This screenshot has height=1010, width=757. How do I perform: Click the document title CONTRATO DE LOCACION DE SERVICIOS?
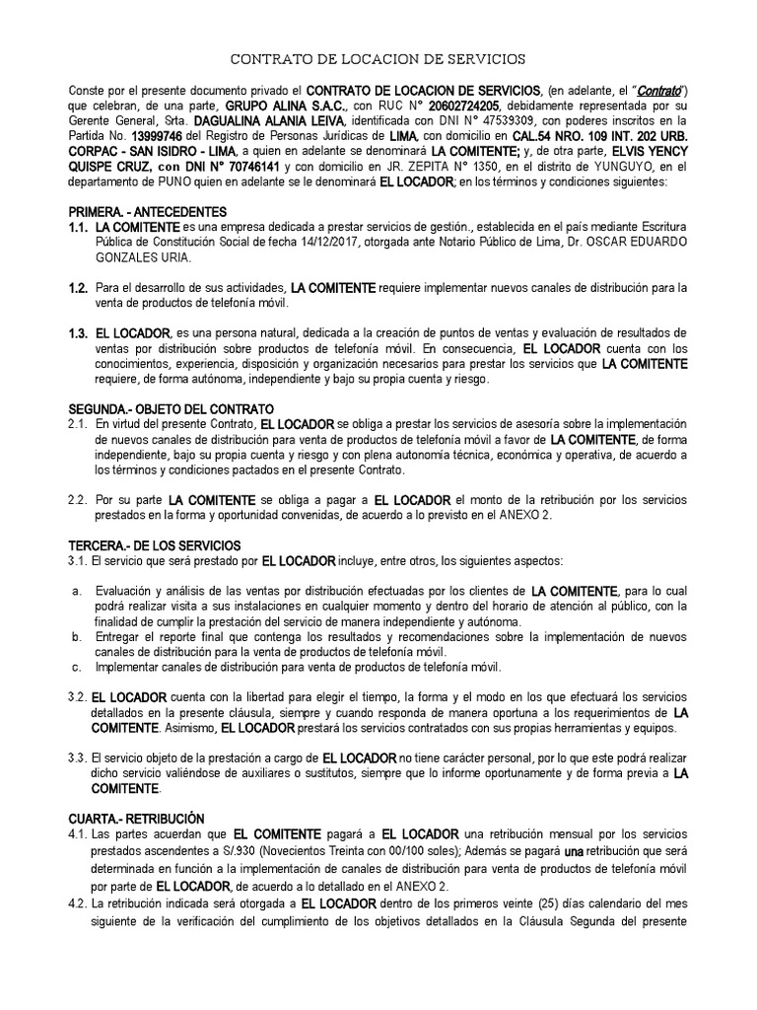click(x=378, y=59)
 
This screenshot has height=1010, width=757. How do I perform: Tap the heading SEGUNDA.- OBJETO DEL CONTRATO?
click(x=171, y=408)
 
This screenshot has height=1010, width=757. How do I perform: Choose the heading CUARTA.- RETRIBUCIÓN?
click(x=135, y=819)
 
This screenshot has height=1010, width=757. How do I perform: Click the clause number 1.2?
click(x=79, y=287)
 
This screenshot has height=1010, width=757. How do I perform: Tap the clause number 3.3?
click(x=79, y=757)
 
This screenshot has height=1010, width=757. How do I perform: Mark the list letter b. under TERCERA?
click(x=76, y=637)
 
